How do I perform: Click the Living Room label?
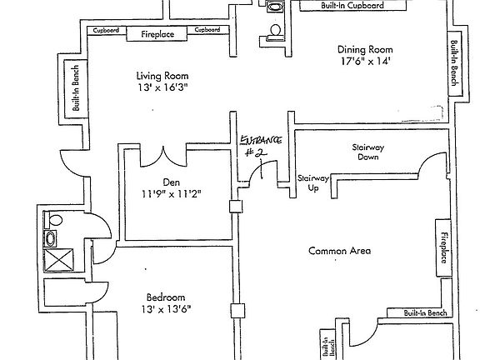[x=162, y=76]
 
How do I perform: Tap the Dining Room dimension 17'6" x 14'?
[x=366, y=61]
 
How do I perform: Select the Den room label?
[x=171, y=182]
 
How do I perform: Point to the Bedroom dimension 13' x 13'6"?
[x=166, y=309]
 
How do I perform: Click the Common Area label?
[x=339, y=251]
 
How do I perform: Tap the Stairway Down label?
[x=368, y=152]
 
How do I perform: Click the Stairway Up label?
[x=313, y=183]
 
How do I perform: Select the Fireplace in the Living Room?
[x=157, y=33]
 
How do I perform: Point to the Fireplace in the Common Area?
[x=443, y=248]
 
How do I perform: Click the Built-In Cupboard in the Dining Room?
[x=352, y=6]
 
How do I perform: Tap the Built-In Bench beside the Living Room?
[x=76, y=88]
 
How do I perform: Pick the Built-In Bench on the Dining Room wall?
[x=455, y=62]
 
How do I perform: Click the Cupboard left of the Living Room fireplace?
[x=107, y=30]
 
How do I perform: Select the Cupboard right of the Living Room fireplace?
[x=207, y=30]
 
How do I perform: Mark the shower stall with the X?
[x=59, y=260]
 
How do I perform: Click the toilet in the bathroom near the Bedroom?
[x=53, y=220]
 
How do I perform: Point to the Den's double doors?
[x=163, y=157]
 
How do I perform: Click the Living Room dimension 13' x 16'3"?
[x=162, y=87]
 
